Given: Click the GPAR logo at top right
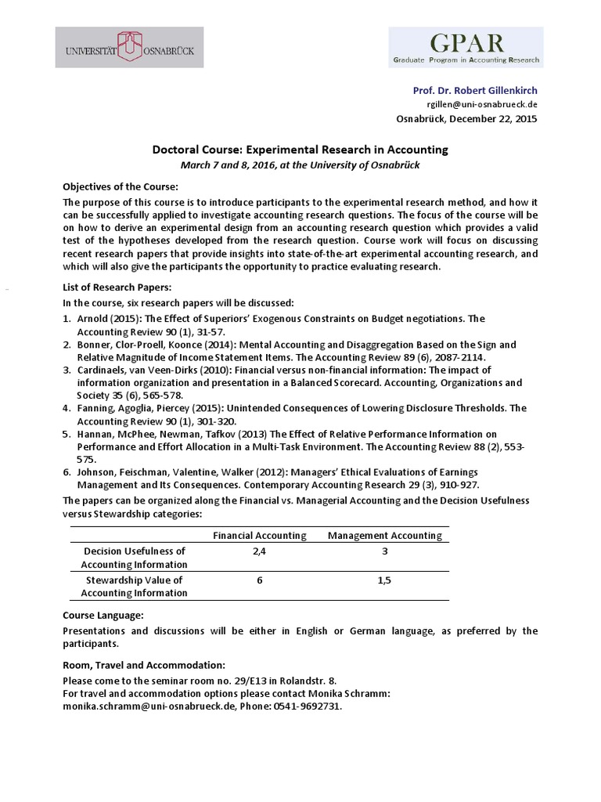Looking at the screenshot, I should (466, 47).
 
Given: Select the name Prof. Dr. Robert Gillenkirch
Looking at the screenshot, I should (475, 91).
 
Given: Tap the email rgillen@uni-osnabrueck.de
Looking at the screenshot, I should (482, 104).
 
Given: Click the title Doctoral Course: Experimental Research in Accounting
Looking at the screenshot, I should (300, 150).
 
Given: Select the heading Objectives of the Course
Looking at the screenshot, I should (121, 186).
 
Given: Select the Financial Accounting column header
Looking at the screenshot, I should (260, 536).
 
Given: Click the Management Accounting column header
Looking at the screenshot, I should (384, 536).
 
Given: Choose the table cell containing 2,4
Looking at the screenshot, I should (260, 551).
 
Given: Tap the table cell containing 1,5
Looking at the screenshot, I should (384, 580).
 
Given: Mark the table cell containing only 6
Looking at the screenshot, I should (260, 580).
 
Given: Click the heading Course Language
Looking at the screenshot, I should (103, 616).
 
